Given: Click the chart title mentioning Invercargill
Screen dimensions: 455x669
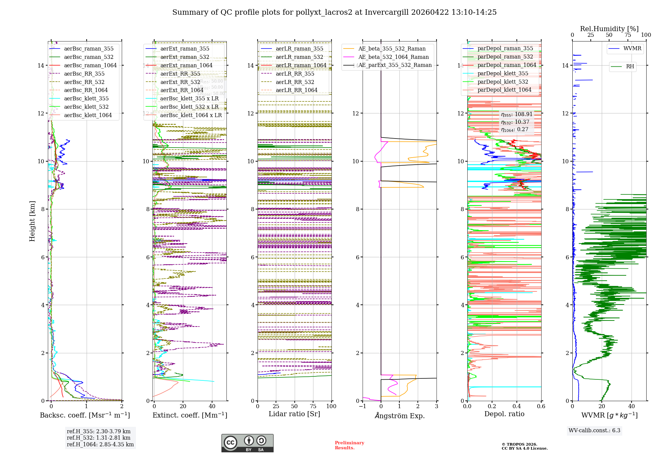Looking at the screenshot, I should click(x=334, y=12).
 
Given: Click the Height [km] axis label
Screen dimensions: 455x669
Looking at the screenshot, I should click(x=32, y=221).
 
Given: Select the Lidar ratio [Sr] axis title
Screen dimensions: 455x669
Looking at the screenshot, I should click(x=294, y=414).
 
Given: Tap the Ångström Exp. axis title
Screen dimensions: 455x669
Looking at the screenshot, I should click(x=399, y=416).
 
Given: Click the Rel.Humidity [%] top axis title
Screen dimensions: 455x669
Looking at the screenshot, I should click(x=609, y=29).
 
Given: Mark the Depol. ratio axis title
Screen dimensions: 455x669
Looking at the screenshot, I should click(x=504, y=414).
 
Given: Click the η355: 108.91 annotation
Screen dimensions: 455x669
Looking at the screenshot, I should click(x=516, y=114).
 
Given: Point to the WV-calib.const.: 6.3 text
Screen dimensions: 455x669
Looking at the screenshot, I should click(x=594, y=430).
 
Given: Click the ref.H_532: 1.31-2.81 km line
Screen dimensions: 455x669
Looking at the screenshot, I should click(x=98, y=438).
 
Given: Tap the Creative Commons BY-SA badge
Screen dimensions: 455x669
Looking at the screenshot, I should click(x=247, y=443).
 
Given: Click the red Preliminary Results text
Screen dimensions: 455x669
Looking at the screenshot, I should click(x=349, y=445).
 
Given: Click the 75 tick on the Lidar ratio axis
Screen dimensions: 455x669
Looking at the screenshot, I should click(x=313, y=406).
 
